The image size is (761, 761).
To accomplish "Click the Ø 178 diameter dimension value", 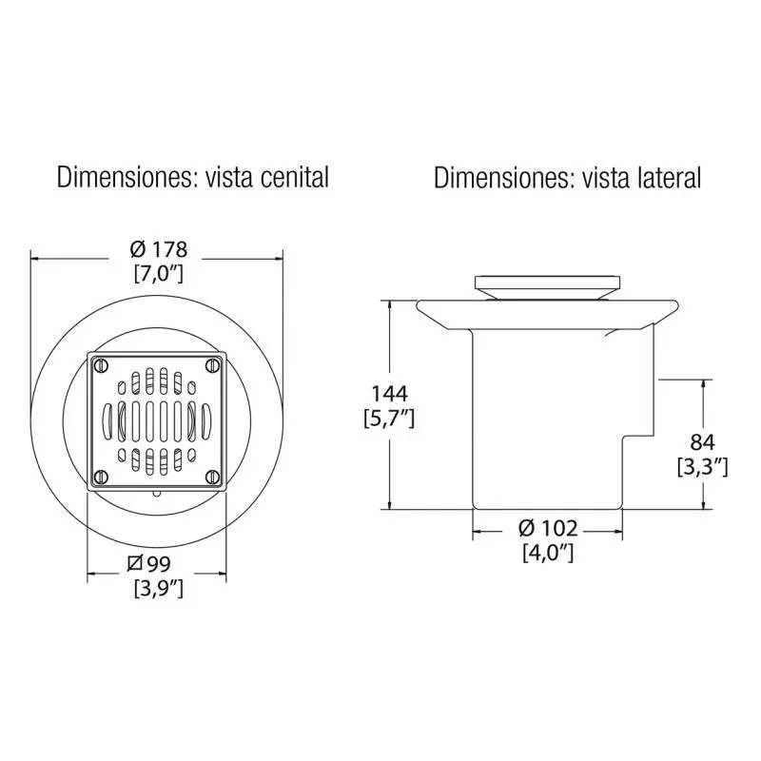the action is point(159,249).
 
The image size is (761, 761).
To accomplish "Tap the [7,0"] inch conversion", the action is point(159,274).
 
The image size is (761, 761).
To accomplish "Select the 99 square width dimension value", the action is point(149,564).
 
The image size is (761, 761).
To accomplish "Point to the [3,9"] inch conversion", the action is point(159,589).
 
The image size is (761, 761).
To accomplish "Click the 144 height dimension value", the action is point(389,394).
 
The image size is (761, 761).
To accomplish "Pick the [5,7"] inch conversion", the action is point(389,419).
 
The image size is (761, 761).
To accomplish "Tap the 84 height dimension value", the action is point(703,442).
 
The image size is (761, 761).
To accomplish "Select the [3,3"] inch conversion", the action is point(703,467).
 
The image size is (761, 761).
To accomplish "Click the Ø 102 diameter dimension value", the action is point(548,528).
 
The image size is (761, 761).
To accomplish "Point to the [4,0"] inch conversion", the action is point(548,553).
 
